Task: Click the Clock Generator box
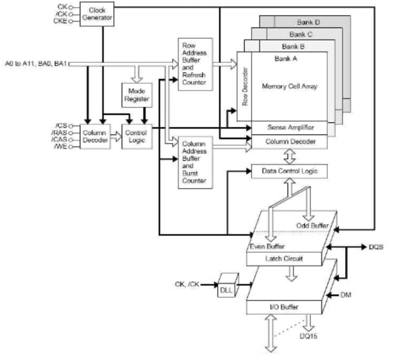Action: point(97,14)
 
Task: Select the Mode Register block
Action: point(137,95)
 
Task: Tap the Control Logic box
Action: point(137,136)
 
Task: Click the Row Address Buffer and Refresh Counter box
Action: point(195,64)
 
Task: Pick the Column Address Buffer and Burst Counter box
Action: point(195,162)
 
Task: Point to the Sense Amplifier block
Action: point(289,128)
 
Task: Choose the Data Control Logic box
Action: point(289,171)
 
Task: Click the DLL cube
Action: point(227,286)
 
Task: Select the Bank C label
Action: point(301,34)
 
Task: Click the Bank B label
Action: point(293,47)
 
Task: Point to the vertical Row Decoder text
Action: point(244,87)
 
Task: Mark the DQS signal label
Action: point(376,247)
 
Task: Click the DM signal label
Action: point(345,295)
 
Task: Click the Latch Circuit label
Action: point(284,259)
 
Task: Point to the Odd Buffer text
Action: point(312,225)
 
